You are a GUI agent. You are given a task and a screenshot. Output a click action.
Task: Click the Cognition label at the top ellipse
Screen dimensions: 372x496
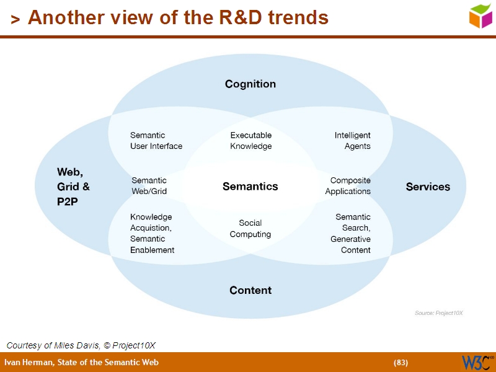pos(250,84)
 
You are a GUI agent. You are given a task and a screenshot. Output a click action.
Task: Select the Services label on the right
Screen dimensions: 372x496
pos(428,187)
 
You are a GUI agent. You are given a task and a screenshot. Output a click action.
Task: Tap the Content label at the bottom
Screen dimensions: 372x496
pos(250,290)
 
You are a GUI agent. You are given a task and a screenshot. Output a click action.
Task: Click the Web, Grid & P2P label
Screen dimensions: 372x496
pos(74,187)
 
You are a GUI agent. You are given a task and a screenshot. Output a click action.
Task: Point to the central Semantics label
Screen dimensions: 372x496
pos(250,186)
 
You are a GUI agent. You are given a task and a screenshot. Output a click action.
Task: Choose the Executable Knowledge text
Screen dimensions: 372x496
pos(250,141)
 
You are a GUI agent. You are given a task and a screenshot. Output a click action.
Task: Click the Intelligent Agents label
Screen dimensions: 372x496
pos(353,141)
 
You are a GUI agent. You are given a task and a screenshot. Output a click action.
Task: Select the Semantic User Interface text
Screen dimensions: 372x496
pos(156,141)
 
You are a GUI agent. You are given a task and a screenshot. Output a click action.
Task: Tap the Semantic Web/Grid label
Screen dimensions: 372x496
pos(149,186)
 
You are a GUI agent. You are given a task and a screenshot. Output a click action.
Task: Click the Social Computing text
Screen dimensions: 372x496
pos(250,229)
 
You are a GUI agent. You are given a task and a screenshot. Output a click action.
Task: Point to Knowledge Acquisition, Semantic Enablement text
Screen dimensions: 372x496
pos(152,234)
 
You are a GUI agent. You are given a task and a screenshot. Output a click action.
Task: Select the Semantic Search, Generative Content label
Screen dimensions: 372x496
pos(351,234)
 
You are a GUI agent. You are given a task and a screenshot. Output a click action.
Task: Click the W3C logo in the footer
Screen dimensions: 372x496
pos(477,362)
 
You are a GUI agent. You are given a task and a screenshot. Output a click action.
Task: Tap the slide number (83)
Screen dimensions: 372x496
pos(401,363)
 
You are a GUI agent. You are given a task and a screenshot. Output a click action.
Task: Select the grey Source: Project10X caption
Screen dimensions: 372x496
pos(438,313)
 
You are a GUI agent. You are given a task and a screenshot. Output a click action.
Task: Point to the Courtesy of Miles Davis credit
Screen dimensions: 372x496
pos(81,345)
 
